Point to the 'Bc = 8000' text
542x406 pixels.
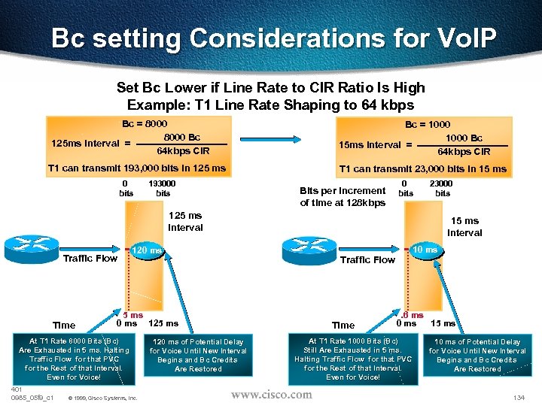pyautogui.click(x=145, y=123)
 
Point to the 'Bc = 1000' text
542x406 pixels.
pyautogui.click(x=428, y=124)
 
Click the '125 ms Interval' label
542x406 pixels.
pyautogui.click(x=185, y=221)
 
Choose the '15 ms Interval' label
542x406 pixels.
pyautogui.click(x=464, y=226)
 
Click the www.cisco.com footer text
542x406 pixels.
pyautogui.click(x=271, y=394)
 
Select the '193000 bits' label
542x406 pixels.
pyautogui.click(x=163, y=188)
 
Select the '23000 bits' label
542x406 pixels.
pyautogui.click(x=442, y=187)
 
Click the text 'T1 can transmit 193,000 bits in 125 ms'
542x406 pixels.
pyautogui.click(x=136, y=168)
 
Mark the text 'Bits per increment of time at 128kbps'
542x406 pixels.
pyautogui.click(x=343, y=196)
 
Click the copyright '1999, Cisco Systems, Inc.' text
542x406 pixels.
pyautogui.click(x=102, y=398)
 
